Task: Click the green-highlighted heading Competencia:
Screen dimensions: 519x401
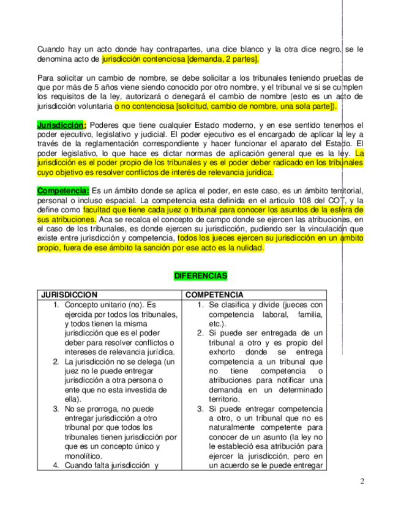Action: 63,190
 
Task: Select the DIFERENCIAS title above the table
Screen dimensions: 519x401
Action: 200,276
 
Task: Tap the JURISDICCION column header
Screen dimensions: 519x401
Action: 69,295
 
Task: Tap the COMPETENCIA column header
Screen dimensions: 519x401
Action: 214,295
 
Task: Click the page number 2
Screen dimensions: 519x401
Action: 362,481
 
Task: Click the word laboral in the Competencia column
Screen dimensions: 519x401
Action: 273,314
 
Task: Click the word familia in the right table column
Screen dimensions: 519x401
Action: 309,314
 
